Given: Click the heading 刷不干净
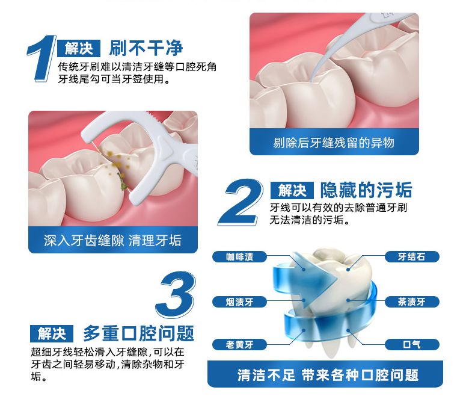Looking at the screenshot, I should (x=146, y=49).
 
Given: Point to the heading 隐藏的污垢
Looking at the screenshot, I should (x=366, y=191).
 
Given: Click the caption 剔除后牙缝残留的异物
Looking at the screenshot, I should (x=334, y=143).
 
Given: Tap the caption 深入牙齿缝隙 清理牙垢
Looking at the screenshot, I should (x=113, y=241).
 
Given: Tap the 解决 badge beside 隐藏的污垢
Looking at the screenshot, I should (x=292, y=191).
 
